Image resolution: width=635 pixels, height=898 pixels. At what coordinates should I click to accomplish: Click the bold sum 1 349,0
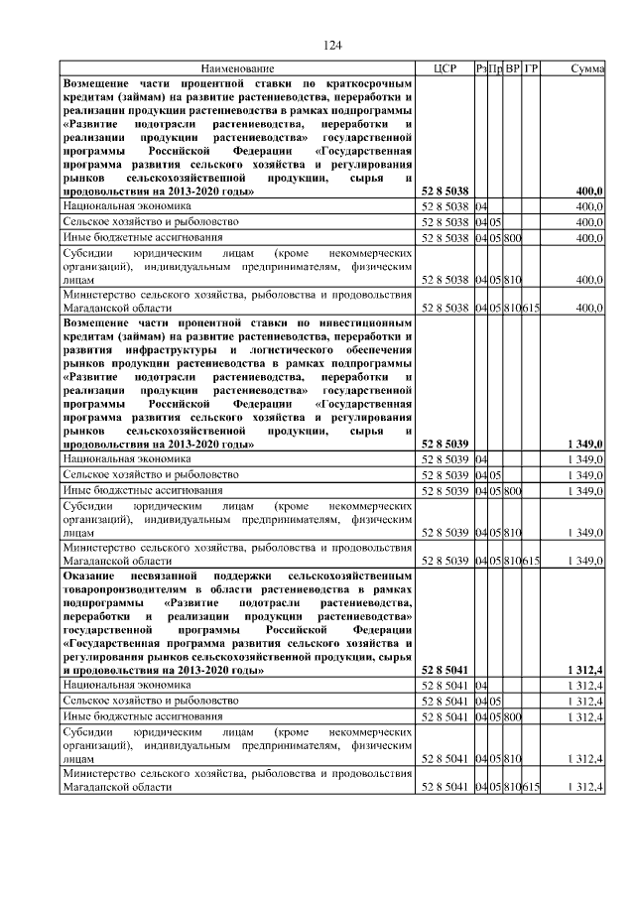click(x=585, y=444)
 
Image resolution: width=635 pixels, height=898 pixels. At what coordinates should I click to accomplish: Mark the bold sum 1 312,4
click(x=585, y=670)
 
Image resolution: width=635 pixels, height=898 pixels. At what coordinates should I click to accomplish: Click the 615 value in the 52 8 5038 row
click(x=531, y=309)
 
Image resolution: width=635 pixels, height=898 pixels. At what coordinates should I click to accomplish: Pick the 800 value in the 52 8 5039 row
click(x=512, y=491)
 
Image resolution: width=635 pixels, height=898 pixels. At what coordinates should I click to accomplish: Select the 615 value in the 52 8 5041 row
click(x=531, y=787)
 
